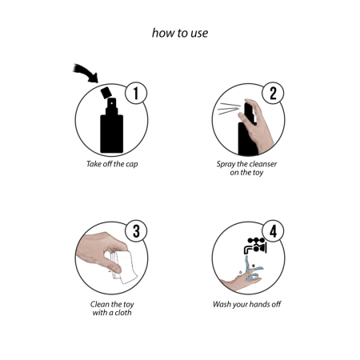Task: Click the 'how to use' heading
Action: click(x=180, y=34)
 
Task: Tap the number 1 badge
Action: click(x=136, y=94)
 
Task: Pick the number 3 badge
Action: click(x=136, y=232)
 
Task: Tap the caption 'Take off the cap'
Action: click(x=111, y=165)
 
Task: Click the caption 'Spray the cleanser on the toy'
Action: click(x=247, y=169)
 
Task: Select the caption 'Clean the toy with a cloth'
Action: click(x=111, y=308)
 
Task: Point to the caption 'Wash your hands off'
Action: click(x=247, y=304)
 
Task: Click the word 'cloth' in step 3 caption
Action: click(x=129, y=312)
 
